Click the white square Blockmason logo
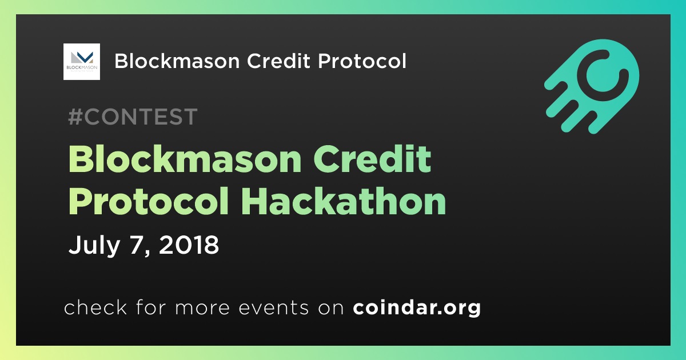coord(81,62)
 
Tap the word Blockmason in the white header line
coord(177,61)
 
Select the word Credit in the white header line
coord(279,61)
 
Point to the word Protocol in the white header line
coord(362,61)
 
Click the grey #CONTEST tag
coord(133,117)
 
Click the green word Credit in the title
coord(372,159)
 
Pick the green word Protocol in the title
coord(149,201)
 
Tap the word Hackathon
coord(344,201)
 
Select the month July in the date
coord(94,245)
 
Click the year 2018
coord(189,245)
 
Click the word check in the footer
coord(95,307)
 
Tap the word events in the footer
coord(273,308)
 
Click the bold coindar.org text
coord(417,308)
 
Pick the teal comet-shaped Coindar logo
coord(592,86)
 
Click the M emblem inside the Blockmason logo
coord(82,57)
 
